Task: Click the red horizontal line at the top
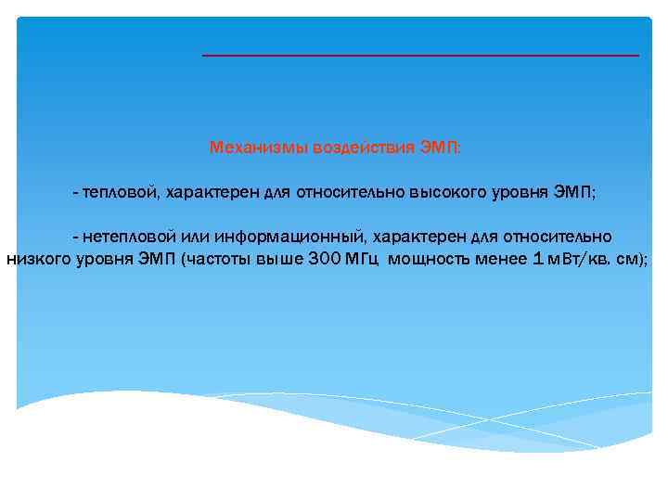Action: point(420,56)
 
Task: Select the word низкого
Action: point(39,259)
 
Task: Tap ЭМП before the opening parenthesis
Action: point(158,259)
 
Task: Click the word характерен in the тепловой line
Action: point(213,193)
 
